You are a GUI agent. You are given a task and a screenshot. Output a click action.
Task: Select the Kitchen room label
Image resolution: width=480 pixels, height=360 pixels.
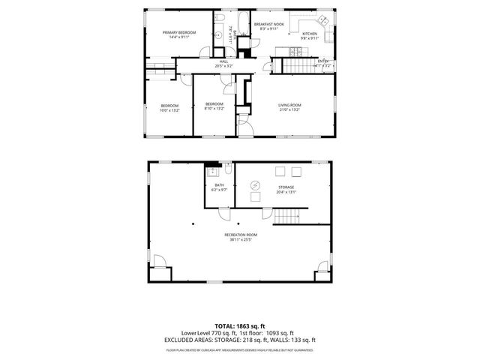(310, 34)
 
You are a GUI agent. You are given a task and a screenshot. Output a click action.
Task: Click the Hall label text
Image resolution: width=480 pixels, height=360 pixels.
(223, 64)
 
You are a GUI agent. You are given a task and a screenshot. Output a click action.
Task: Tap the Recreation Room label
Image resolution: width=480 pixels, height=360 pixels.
(241, 238)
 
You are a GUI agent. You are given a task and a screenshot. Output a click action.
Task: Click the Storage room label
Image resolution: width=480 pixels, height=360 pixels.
(286, 189)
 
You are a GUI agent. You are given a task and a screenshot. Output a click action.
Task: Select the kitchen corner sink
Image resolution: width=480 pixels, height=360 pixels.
(322, 20)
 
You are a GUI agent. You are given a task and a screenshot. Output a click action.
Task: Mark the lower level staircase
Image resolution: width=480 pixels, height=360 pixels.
(287, 217)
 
